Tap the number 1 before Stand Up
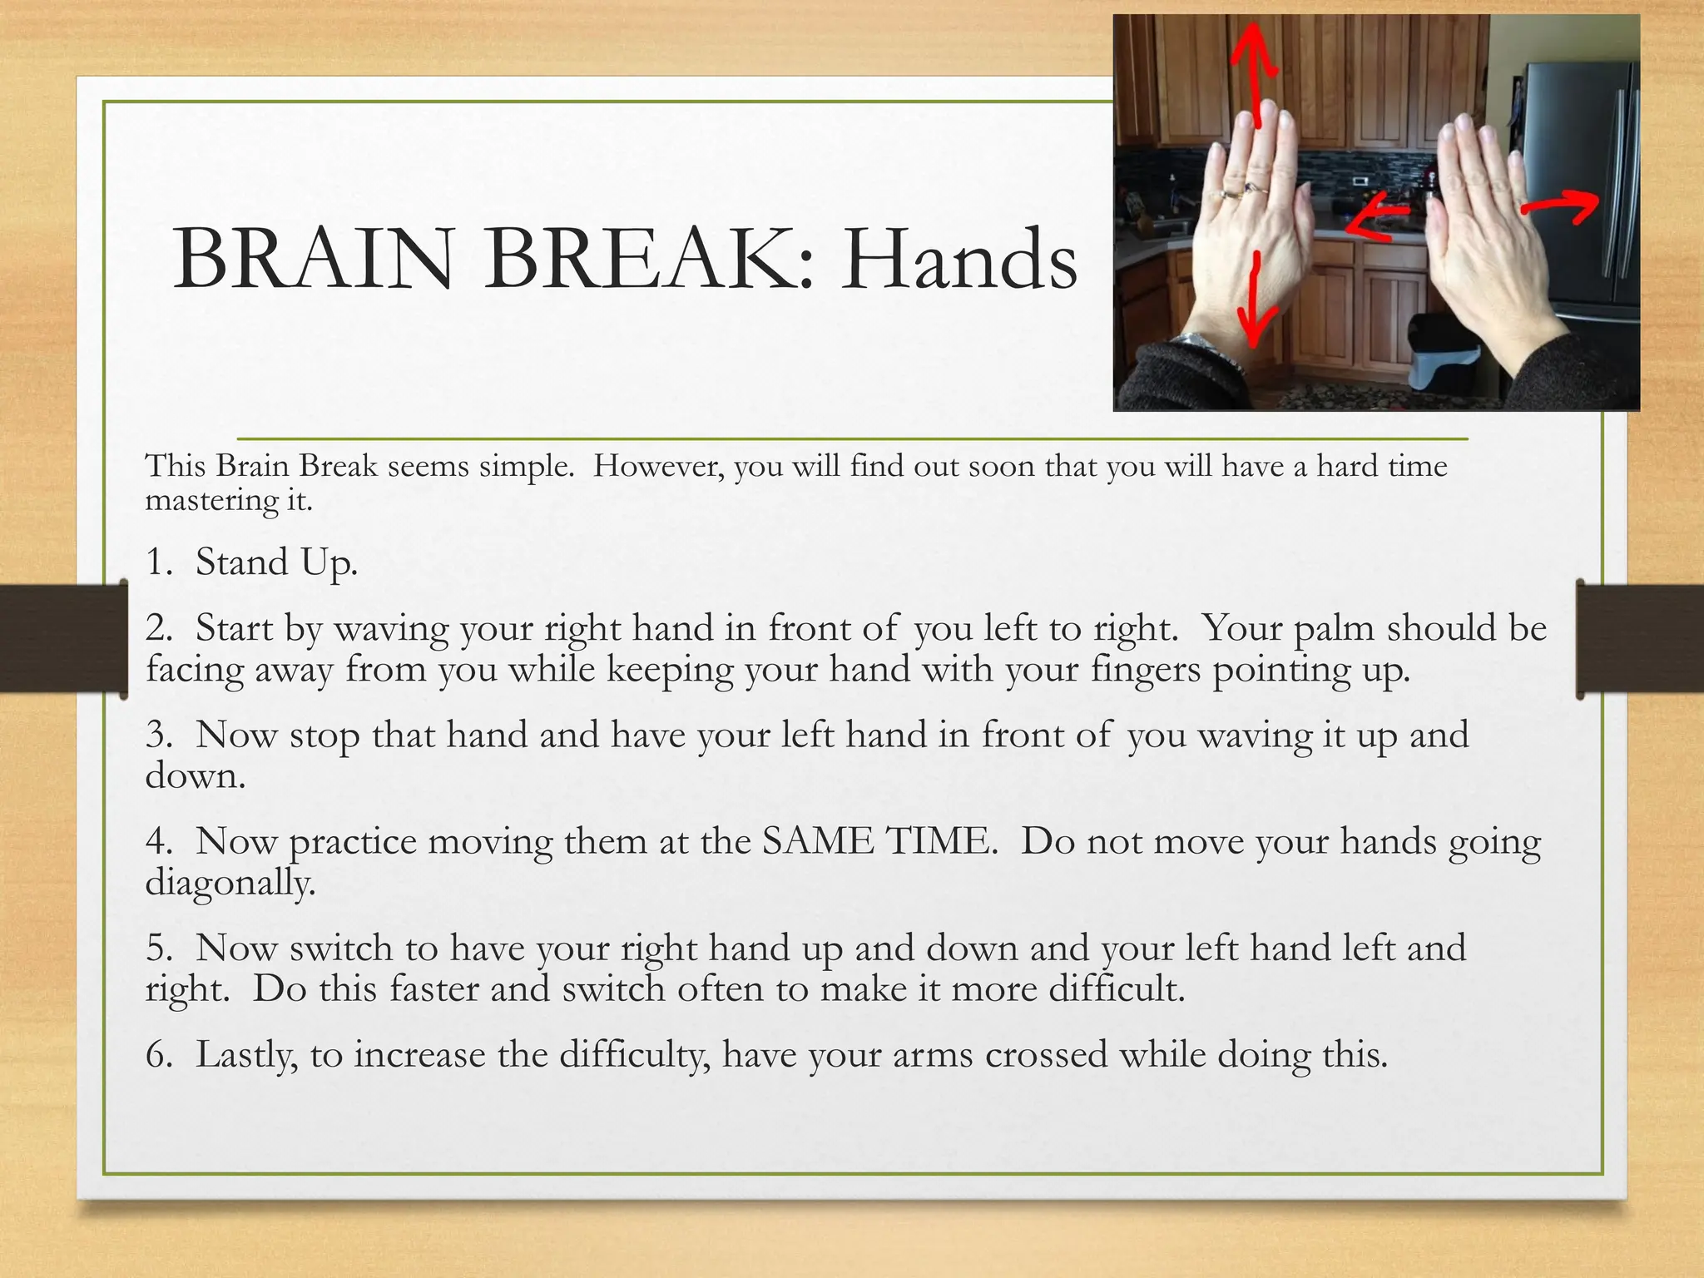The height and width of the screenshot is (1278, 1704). (156, 562)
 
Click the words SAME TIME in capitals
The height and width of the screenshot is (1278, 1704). (879, 841)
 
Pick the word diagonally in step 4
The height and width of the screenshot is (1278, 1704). (230, 882)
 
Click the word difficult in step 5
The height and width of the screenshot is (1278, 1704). (1115, 989)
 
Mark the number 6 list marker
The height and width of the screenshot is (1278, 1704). (156, 1055)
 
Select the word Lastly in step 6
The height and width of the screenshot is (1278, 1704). (246, 1055)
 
